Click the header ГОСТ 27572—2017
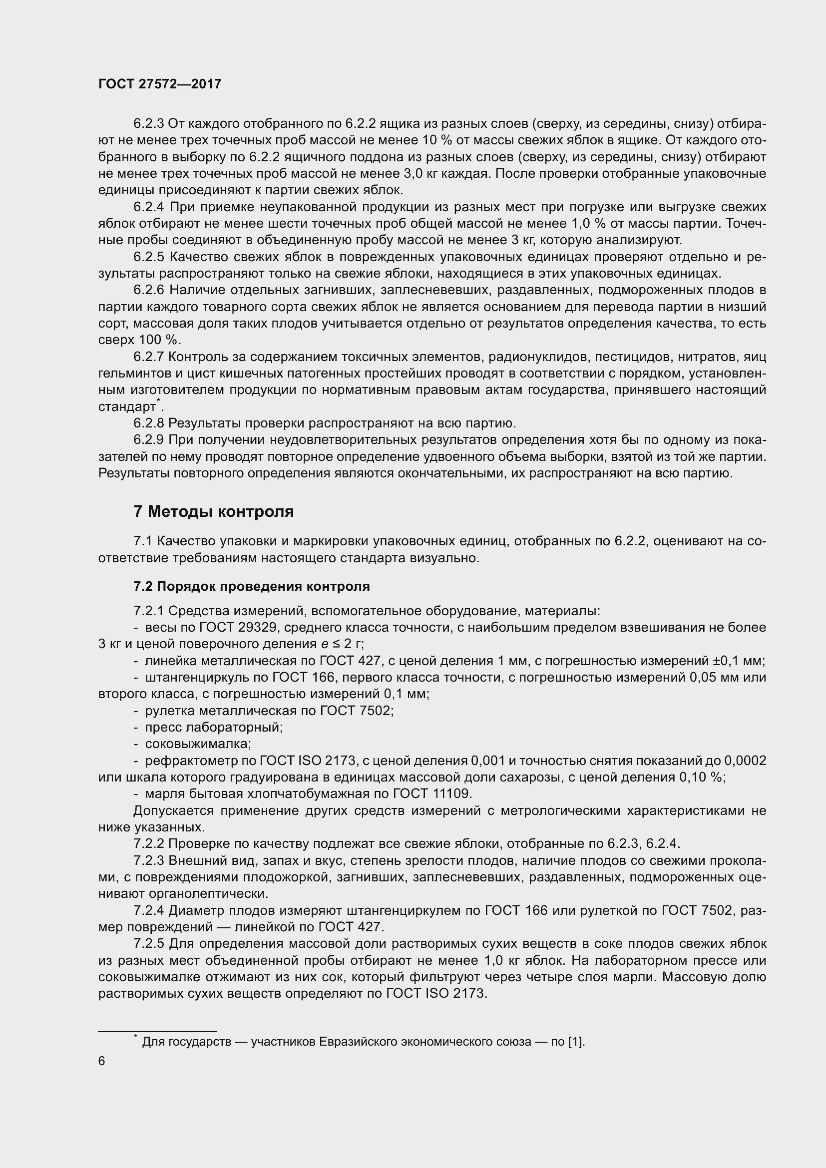click(x=160, y=84)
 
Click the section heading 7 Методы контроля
click(x=214, y=511)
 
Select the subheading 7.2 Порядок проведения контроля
click(x=251, y=586)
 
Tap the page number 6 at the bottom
click(x=102, y=1061)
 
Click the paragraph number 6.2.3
click(x=148, y=124)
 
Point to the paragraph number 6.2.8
click(x=148, y=423)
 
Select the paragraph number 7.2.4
click(x=148, y=910)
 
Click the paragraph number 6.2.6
click(x=148, y=291)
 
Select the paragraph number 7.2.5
click(x=148, y=944)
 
